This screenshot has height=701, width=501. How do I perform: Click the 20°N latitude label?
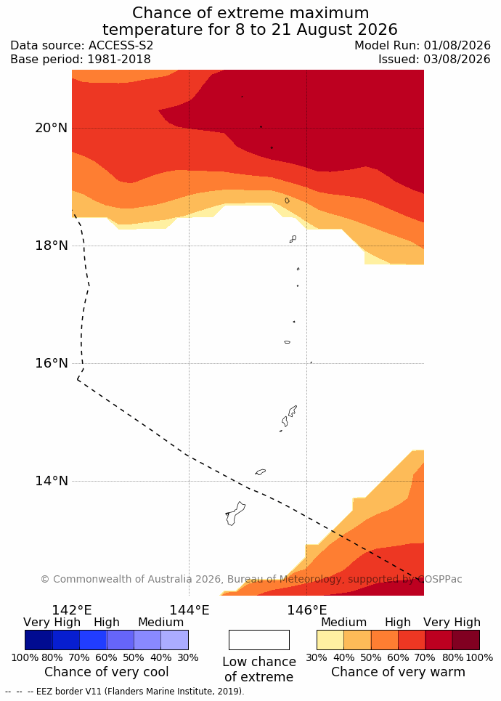click(x=52, y=128)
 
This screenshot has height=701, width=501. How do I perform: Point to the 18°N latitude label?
click(x=52, y=246)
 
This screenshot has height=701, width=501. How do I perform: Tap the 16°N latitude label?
click(x=52, y=363)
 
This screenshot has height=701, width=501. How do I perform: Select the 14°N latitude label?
click(x=52, y=481)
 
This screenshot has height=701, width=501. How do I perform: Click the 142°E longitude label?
click(x=72, y=610)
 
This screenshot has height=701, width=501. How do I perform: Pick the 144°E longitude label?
click(x=189, y=610)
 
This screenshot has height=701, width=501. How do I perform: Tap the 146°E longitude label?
click(x=306, y=610)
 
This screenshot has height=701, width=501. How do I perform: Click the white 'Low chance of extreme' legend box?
click(x=259, y=640)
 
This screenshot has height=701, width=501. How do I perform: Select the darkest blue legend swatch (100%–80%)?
click(x=39, y=640)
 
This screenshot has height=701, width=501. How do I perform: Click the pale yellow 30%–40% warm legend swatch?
click(x=330, y=640)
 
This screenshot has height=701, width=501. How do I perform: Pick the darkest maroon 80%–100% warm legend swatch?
click(x=466, y=640)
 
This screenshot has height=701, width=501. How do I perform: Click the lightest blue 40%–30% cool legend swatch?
click(x=175, y=640)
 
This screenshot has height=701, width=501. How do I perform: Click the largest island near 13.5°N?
click(x=235, y=514)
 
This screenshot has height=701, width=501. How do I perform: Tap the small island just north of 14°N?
click(x=261, y=471)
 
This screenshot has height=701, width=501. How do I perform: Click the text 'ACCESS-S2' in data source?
click(x=121, y=46)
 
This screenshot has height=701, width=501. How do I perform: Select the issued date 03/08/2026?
click(x=456, y=59)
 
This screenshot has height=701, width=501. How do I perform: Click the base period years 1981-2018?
click(x=119, y=59)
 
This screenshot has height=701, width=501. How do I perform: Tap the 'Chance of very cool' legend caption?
click(x=106, y=671)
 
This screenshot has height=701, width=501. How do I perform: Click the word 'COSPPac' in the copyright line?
click(x=440, y=579)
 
